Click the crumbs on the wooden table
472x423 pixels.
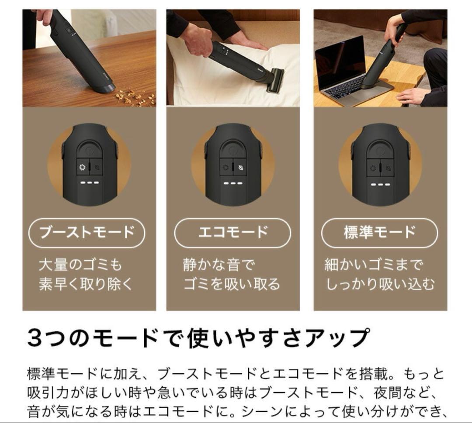pyautogui.click(x=135, y=97)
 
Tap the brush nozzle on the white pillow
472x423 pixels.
pyautogui.click(x=274, y=81)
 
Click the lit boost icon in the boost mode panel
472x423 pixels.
pyautogui.click(x=82, y=168)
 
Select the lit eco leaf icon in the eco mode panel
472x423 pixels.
pyautogui.click(x=240, y=168)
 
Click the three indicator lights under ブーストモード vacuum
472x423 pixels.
pyautogui.click(x=89, y=182)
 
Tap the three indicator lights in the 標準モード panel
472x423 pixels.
pyautogui.click(x=380, y=184)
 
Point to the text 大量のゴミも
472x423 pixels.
pyautogui.click(x=80, y=265)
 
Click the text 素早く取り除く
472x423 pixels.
pyautogui.click(x=86, y=284)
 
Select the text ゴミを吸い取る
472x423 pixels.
pyautogui.click(x=232, y=284)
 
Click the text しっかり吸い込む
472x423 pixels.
pyautogui.click(x=380, y=284)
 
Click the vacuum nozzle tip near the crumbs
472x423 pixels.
pyautogui.click(x=106, y=88)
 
